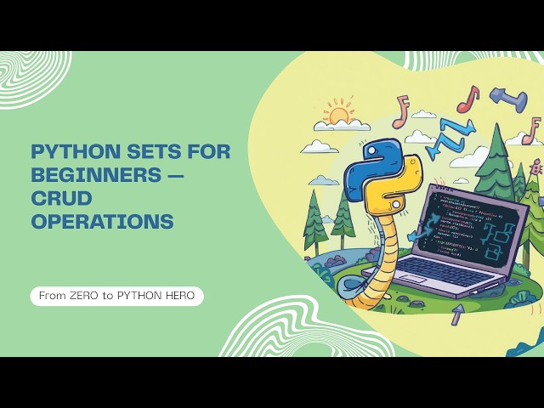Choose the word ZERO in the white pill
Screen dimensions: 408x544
85,297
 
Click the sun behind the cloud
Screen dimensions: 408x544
339,113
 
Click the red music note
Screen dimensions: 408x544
467,99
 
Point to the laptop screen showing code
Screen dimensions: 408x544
462,224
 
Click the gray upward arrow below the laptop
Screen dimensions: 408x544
457,313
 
